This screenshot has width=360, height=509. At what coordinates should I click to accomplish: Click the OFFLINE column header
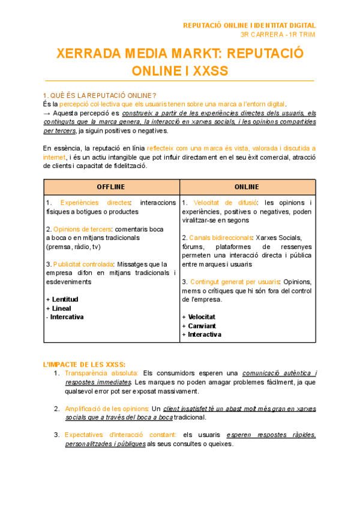pyautogui.click(x=112, y=187)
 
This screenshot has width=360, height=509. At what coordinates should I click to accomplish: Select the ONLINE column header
pyautogui.click(x=247, y=187)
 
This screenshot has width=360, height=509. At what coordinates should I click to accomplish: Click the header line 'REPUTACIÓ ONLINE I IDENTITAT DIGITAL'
pyautogui.click(x=249, y=25)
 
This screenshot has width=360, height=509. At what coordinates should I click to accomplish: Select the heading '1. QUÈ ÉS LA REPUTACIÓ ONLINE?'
pyautogui.click(x=100, y=95)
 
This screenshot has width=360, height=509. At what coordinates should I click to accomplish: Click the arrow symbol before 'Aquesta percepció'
pyautogui.click(x=47, y=112)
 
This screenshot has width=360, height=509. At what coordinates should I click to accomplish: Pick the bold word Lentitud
pyautogui.click(x=65, y=299)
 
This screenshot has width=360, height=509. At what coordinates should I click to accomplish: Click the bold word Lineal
pyautogui.click(x=61, y=308)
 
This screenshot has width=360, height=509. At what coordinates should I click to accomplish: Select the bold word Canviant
pyautogui.click(x=203, y=325)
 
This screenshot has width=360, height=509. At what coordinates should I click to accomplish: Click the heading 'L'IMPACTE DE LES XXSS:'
pyautogui.click(x=85, y=364)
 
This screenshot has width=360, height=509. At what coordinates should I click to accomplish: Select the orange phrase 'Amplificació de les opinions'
pyautogui.click(x=107, y=409)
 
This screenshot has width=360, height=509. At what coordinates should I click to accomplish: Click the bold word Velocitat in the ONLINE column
pyautogui.click(x=202, y=316)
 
